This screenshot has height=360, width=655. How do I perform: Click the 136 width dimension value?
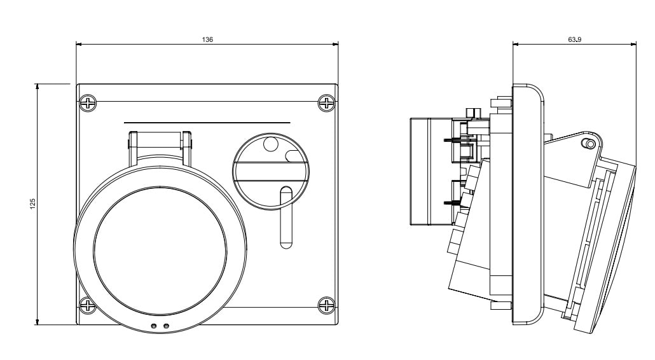click(207, 39)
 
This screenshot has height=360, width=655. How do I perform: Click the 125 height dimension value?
click(32, 203)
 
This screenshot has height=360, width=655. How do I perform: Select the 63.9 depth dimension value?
click(574, 39)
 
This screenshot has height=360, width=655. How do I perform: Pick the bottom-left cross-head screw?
click(88, 306)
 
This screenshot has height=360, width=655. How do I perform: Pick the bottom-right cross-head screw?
click(326, 306)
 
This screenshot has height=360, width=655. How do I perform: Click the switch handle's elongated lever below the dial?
click(286, 216)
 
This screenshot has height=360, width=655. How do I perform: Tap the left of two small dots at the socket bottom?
click(153, 326)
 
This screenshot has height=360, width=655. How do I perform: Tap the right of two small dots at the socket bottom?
click(167, 326)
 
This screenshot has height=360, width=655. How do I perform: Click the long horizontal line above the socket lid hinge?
click(207, 122)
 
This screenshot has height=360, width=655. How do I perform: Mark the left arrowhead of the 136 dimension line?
click(79, 44)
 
